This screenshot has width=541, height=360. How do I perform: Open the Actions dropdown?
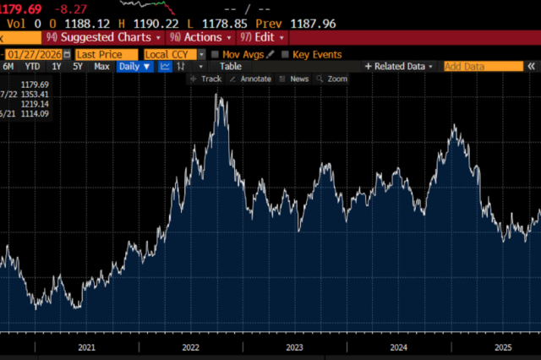[x=200, y=37]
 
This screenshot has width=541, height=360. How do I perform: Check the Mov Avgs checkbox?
[x=216, y=54]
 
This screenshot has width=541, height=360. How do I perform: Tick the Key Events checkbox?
[x=286, y=54]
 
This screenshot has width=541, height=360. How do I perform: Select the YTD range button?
[x=32, y=66]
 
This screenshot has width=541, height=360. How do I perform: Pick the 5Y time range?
[x=78, y=66]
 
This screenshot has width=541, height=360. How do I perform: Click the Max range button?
[x=101, y=66]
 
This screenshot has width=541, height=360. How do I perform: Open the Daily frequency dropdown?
[x=134, y=66]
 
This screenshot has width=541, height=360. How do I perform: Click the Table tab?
[x=231, y=66]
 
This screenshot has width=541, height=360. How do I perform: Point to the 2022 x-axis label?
[x=190, y=347]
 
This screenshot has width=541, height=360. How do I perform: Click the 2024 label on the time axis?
[x=399, y=347]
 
